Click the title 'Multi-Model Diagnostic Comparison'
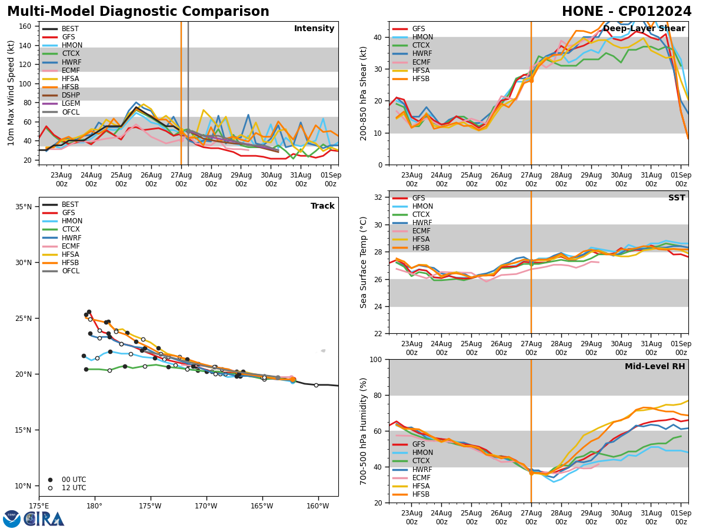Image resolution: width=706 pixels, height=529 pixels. point(138,12)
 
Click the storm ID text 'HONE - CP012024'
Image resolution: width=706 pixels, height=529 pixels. point(627,12)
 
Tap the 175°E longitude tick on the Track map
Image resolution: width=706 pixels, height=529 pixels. point(39,506)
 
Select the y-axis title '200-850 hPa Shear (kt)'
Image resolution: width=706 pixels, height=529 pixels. point(364,93)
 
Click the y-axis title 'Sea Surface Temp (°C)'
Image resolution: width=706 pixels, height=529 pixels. point(364,262)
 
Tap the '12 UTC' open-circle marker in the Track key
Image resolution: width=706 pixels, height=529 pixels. point(50,488)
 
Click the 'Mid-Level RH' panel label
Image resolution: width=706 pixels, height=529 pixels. point(655,367)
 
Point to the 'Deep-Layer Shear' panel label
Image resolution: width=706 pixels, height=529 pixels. point(644,29)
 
